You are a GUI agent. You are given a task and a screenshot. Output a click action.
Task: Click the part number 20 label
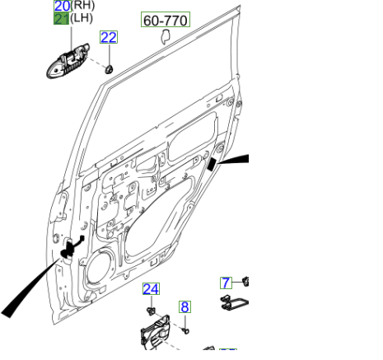click(x=62, y=6)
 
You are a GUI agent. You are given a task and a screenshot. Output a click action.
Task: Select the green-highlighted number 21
click(x=62, y=18)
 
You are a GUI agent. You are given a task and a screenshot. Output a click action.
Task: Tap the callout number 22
click(x=109, y=37)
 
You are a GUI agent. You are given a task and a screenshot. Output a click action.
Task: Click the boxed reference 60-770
click(x=165, y=20)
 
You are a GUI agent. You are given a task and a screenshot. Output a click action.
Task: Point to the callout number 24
click(x=151, y=289)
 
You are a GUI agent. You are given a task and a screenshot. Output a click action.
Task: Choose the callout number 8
click(x=185, y=307)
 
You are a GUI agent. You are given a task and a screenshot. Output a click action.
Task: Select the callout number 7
click(x=226, y=283)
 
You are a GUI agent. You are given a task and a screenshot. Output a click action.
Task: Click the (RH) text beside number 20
click(x=82, y=6)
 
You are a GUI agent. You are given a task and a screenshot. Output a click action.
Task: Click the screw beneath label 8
click(x=187, y=330)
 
